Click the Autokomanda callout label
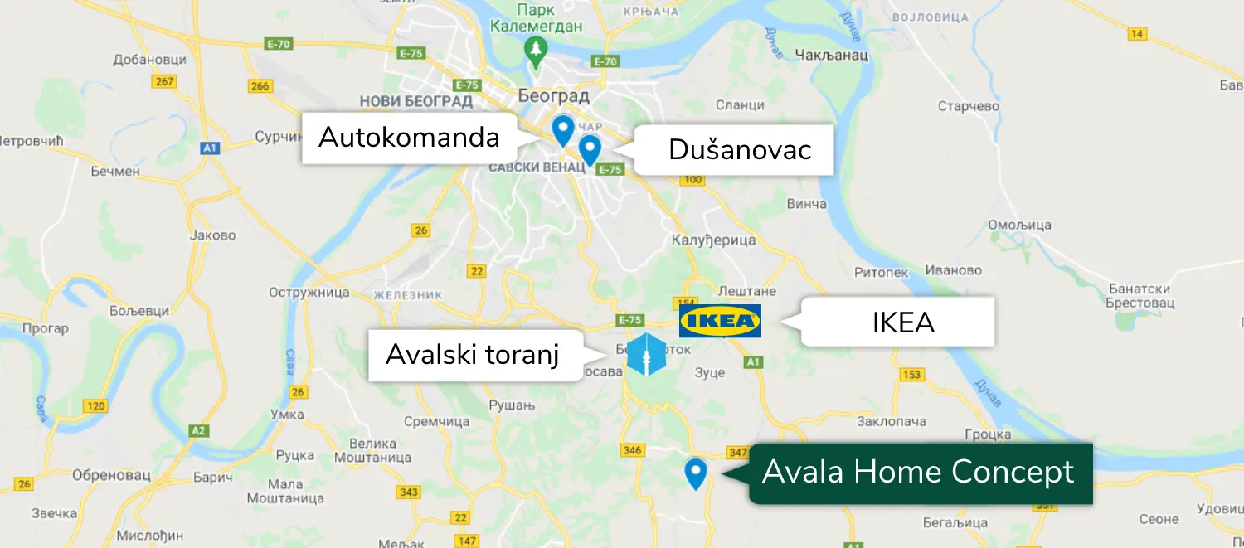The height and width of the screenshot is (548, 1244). (x=409, y=138)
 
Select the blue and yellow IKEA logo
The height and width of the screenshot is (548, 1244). (x=720, y=321)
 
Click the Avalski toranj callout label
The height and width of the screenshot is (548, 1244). (x=473, y=355)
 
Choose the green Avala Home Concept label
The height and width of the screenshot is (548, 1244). (x=919, y=473)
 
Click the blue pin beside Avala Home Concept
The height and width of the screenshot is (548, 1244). (x=695, y=473)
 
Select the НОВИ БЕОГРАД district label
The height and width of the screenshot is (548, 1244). (x=415, y=102)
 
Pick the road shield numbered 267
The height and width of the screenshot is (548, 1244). (x=164, y=81)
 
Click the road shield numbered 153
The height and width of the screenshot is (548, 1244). (x=911, y=376)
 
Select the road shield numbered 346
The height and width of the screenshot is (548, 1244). (x=632, y=450)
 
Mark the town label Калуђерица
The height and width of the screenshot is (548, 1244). (x=714, y=240)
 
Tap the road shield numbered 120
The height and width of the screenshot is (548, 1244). (x=95, y=406)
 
